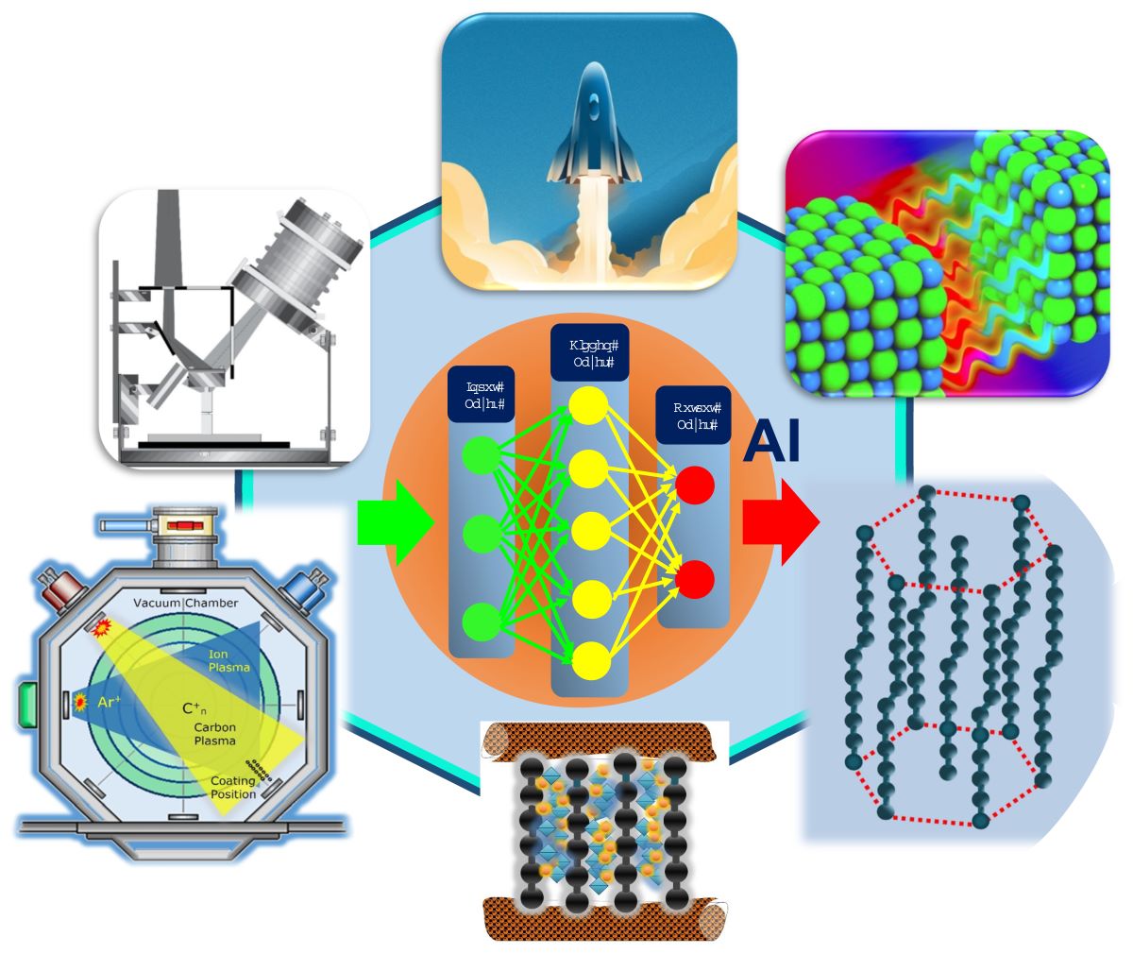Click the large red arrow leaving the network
tap(780, 521)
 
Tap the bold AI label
tap(771, 442)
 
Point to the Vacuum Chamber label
tap(186, 604)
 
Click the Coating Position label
tap(232, 787)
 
